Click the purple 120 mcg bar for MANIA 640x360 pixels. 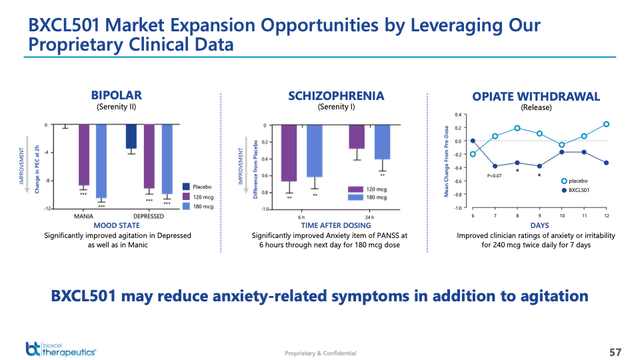tap(84, 155)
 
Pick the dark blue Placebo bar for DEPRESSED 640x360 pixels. tap(132, 137)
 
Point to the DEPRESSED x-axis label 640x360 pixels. tap(149, 215)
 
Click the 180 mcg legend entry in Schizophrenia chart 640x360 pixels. tap(377, 198)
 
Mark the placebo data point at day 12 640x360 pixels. tap(607, 125)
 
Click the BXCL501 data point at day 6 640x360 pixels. tap(473, 141)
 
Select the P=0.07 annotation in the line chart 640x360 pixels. tap(494, 175)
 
